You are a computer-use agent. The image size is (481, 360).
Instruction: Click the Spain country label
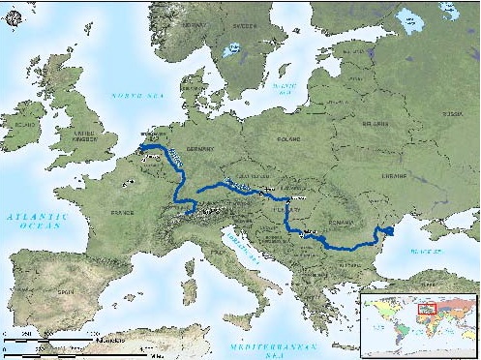(x=67, y=290)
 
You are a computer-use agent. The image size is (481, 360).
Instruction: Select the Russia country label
(x=450, y=113)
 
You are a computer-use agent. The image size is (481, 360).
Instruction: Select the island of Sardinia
(x=188, y=290)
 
